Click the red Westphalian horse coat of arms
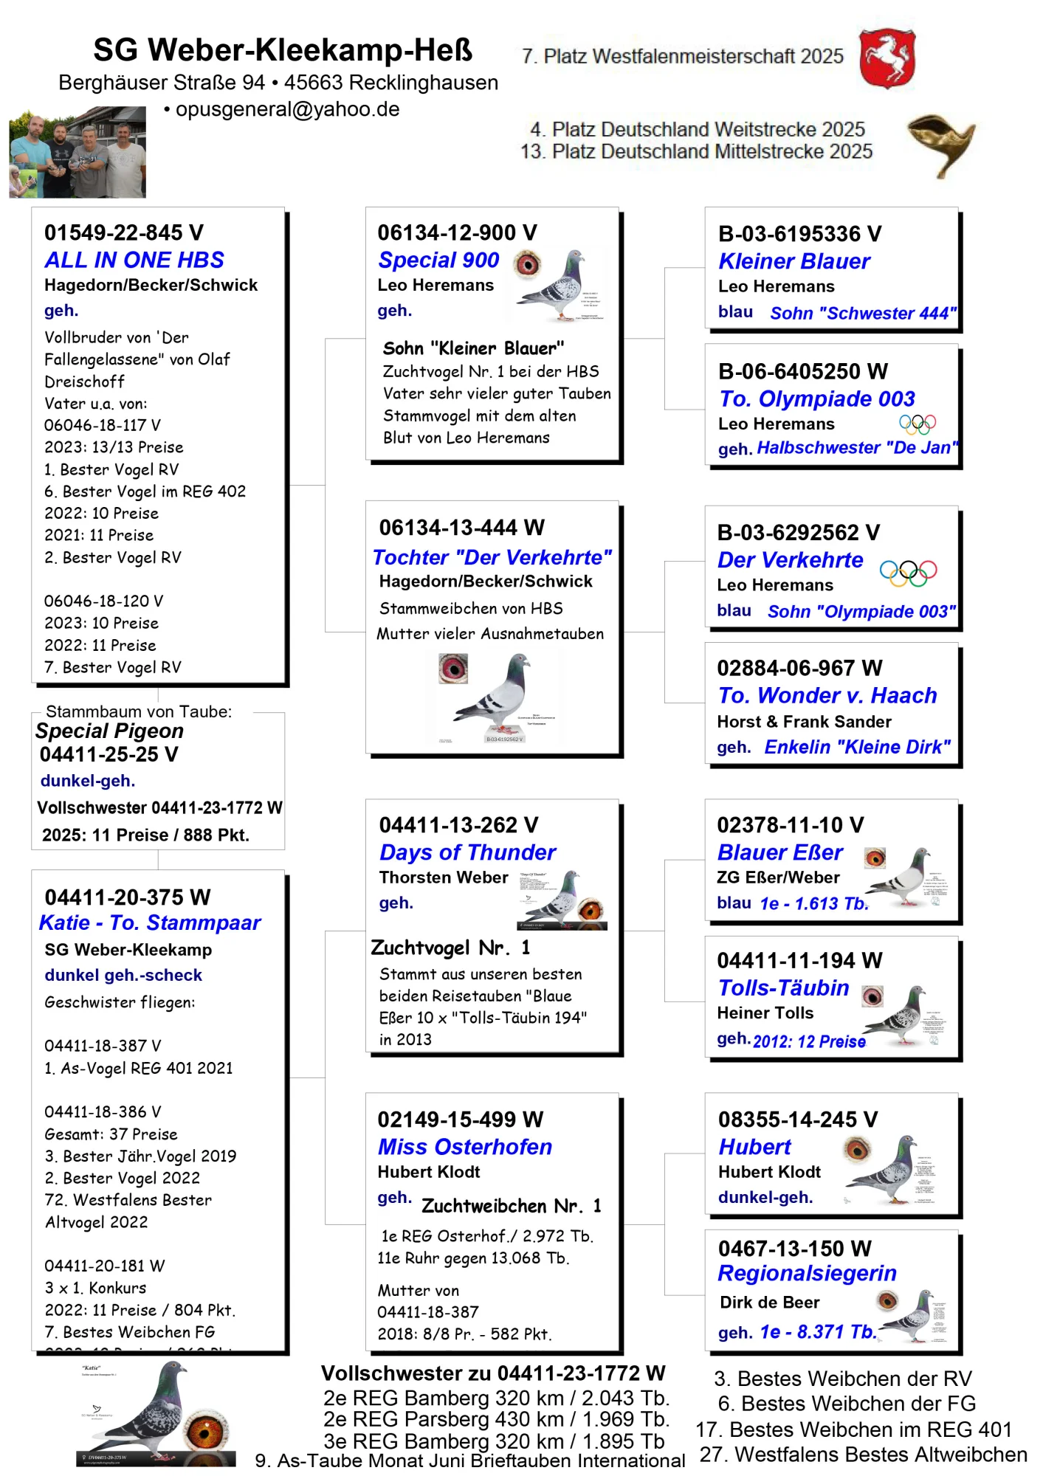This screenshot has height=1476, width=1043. click(887, 58)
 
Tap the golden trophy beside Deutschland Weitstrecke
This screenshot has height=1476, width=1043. click(940, 143)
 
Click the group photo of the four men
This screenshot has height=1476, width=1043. click(78, 153)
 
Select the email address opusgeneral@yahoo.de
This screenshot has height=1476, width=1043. click(287, 109)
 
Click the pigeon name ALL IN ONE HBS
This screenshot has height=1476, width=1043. click(134, 260)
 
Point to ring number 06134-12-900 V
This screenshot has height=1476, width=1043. click(457, 232)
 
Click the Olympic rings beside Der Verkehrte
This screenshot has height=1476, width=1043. click(908, 572)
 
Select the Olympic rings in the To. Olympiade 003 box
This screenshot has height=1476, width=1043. click(917, 424)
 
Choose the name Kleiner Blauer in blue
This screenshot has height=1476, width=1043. click(794, 261)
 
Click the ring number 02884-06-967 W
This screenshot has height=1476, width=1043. click(799, 668)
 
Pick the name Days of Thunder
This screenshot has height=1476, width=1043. click(467, 852)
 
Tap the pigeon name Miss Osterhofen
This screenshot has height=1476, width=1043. click(465, 1147)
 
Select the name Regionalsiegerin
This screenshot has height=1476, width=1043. click(807, 1273)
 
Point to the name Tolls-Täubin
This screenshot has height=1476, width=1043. click(783, 988)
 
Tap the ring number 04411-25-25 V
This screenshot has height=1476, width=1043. click(109, 754)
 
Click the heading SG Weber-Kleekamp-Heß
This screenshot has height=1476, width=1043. click(283, 50)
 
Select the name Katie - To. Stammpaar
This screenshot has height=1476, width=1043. click(150, 922)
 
